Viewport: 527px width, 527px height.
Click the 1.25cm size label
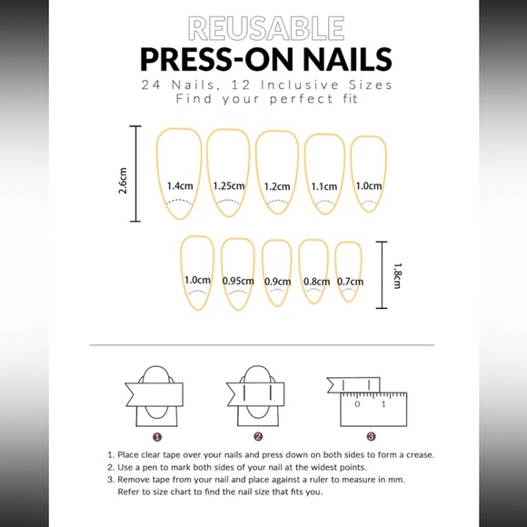click(228, 185)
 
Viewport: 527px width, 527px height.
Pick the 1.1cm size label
click(324, 185)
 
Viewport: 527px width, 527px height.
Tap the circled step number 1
click(158, 435)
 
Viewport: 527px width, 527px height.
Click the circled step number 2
click(258, 435)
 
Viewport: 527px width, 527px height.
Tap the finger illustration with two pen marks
click(259, 396)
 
